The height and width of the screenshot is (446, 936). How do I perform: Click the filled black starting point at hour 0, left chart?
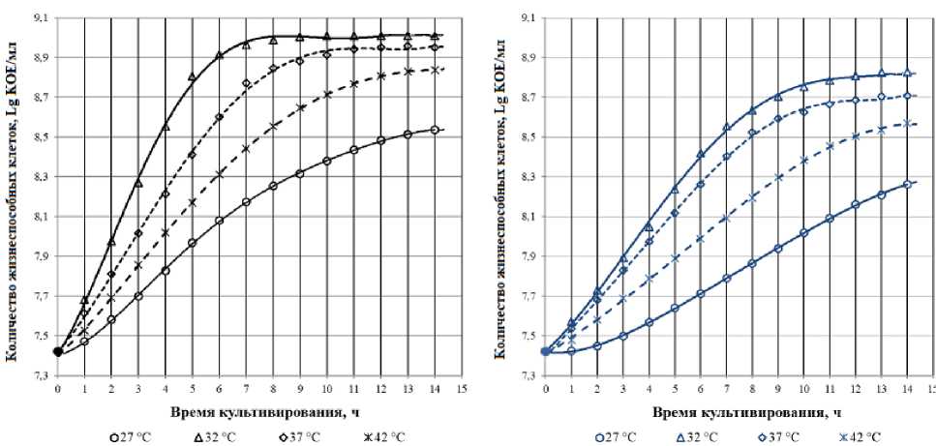pos(58,351)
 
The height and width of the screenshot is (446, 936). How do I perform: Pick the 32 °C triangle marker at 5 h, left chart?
pos(192,76)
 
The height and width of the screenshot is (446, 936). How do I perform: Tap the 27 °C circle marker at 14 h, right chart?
pos(907,184)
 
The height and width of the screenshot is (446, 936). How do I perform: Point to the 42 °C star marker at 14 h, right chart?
pos(907,123)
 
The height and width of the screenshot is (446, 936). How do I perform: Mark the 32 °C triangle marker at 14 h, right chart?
pos(907,73)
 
